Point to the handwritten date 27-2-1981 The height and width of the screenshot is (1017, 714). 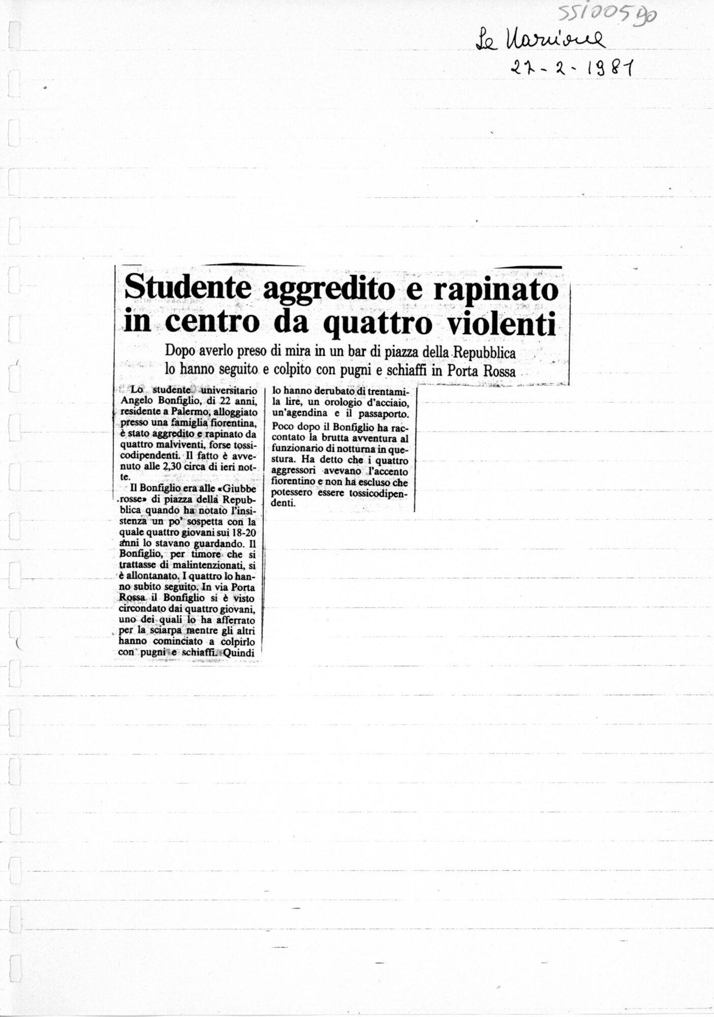572,67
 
